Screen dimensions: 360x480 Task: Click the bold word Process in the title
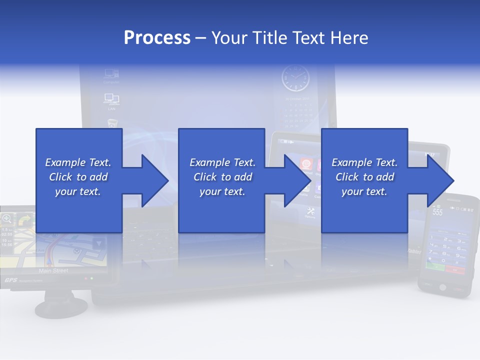(x=157, y=38)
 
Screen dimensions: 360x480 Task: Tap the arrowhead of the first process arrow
(x=155, y=180)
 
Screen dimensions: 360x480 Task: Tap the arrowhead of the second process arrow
(x=298, y=180)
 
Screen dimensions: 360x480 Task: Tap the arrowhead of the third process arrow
(x=440, y=180)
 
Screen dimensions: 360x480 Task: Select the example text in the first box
(x=78, y=177)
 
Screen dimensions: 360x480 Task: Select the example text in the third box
(x=364, y=177)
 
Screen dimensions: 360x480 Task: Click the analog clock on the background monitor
(x=295, y=79)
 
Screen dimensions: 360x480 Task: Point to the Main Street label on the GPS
(x=53, y=271)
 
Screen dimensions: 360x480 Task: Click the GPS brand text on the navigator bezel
(x=11, y=280)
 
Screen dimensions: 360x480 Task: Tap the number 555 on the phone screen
(x=437, y=212)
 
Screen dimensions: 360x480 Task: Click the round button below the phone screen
(x=442, y=287)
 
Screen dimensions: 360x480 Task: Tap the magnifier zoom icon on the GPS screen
(x=6, y=218)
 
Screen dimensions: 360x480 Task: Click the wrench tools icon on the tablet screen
(x=309, y=211)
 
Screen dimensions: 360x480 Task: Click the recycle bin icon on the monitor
(x=112, y=122)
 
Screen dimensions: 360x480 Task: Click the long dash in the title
(x=201, y=38)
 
